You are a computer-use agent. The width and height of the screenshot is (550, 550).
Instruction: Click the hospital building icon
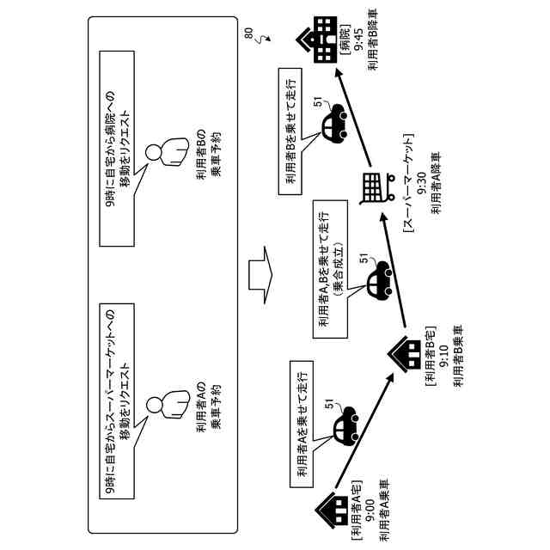pyautogui.click(x=316, y=40)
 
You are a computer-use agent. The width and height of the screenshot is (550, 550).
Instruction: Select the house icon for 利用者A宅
pyautogui.click(x=330, y=510)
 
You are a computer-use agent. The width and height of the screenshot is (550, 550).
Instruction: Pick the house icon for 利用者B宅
pyautogui.click(x=405, y=355)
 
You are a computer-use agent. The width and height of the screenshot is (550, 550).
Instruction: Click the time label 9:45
pyautogui.click(x=359, y=40)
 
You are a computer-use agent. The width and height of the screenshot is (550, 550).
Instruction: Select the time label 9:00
pyautogui.click(x=370, y=510)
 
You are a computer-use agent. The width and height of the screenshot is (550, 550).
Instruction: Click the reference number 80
pyautogui.click(x=248, y=34)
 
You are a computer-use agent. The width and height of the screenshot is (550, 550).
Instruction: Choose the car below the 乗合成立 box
pyautogui.click(x=380, y=278)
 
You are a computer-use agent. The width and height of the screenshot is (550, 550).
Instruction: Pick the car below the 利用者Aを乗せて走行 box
pyautogui.click(x=345, y=424)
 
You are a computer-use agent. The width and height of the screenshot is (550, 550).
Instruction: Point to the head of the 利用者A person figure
pyautogui.click(x=153, y=405)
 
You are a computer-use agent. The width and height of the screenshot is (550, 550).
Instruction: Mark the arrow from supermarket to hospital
pyautogui.click(x=353, y=117)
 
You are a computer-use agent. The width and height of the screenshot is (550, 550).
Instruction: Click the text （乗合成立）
pyautogui.click(x=338, y=268)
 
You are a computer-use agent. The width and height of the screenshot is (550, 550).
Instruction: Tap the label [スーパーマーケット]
pyautogui.click(x=408, y=183)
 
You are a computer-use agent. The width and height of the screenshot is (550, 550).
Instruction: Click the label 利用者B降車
pyautogui.click(x=373, y=40)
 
